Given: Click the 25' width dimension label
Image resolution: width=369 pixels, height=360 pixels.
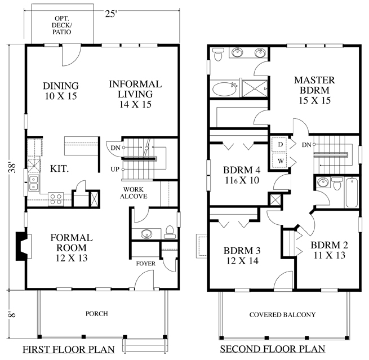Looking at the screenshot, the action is point(111,14).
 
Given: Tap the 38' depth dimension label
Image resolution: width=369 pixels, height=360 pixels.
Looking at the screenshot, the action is point(12,167).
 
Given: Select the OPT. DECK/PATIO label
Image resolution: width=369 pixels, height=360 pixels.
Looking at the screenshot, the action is point(61,25).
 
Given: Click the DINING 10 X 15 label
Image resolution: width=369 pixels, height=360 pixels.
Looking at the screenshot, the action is point(61,91).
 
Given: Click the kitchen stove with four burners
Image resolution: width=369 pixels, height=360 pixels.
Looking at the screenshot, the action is point(56,199).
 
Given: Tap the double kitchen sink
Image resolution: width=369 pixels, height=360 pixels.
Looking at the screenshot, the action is point(34,183).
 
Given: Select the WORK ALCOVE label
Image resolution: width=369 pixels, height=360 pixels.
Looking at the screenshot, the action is point(134,193).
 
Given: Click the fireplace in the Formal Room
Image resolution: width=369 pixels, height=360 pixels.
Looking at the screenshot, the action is point(23,246).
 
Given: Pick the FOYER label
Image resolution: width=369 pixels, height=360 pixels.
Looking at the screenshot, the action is point(146,264).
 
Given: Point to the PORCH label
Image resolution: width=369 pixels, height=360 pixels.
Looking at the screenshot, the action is point(97,314).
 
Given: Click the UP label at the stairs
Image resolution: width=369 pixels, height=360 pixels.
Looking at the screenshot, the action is point(115,169).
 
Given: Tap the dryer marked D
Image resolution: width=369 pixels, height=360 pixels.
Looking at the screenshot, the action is point(280,144).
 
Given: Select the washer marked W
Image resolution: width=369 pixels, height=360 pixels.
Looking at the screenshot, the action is point(280,161).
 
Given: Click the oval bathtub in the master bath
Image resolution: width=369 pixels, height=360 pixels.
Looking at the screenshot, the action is point(225,89).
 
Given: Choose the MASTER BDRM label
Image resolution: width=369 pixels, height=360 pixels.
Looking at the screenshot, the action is point(314,90).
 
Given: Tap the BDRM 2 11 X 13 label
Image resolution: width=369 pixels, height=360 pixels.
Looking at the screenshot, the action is point(329,250).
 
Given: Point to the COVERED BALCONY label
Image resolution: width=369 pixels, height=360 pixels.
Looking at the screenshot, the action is point(282,314).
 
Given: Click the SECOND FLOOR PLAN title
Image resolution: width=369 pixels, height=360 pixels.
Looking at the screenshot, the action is point(273,349).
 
